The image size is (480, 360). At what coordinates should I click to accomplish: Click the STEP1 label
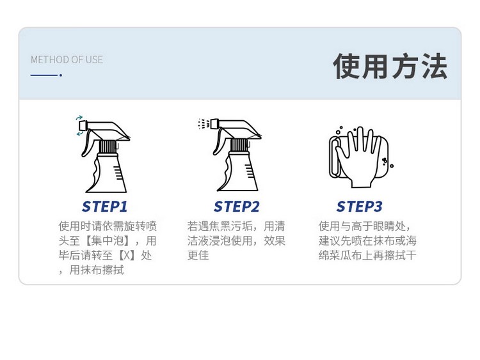pyautogui.click(x=105, y=207)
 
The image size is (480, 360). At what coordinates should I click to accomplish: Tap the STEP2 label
pyautogui.click(x=236, y=207)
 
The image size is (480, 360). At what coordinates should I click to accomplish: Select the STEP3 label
pyautogui.click(x=360, y=207)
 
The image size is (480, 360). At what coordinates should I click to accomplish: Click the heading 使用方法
pyautogui.click(x=390, y=66)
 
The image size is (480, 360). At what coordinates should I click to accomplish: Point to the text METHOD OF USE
pyautogui.click(x=67, y=59)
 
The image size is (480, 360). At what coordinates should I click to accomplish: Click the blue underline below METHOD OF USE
pyautogui.click(x=46, y=75)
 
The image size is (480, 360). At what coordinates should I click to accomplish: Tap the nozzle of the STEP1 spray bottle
pyautogui.click(x=83, y=125)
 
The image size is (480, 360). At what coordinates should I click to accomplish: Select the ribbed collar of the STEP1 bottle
pyautogui.click(x=108, y=146)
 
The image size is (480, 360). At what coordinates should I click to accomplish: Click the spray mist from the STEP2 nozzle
pyautogui.click(x=204, y=123)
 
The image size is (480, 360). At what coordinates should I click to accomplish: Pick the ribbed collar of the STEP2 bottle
pyautogui.click(x=239, y=145)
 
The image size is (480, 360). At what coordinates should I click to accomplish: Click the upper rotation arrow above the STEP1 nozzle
pyautogui.click(x=79, y=118)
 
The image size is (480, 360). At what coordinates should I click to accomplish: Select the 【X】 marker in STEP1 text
pyautogui.click(x=127, y=255)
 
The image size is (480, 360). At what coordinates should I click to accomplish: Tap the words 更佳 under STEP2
pyautogui.click(x=198, y=255)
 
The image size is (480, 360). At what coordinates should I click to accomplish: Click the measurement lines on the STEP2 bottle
pyautogui.click(x=249, y=172)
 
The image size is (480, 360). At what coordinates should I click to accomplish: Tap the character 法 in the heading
pyautogui.click(x=435, y=66)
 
